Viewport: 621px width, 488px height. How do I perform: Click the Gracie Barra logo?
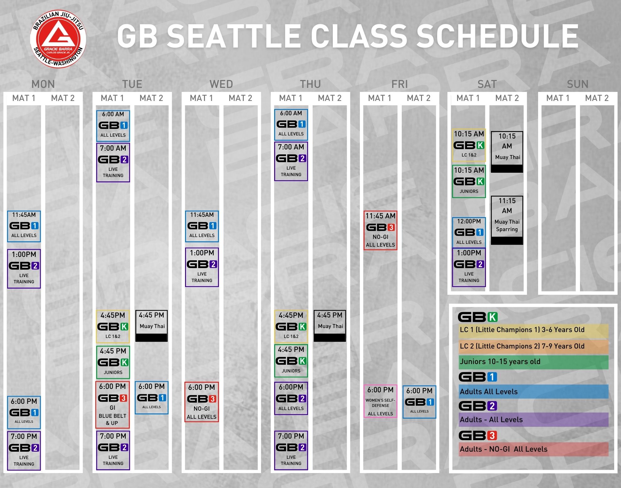click(x=58, y=39)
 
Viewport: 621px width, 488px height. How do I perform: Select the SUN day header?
click(x=578, y=84)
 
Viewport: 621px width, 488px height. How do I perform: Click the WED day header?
click(x=221, y=84)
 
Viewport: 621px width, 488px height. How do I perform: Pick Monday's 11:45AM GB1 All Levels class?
click(x=24, y=226)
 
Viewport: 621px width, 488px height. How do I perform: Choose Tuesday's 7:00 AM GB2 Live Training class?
click(x=113, y=162)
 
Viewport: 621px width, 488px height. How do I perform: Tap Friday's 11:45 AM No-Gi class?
click(x=380, y=230)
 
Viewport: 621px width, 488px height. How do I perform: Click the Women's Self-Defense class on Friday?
click(x=380, y=401)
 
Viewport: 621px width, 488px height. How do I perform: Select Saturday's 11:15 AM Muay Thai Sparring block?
click(x=507, y=220)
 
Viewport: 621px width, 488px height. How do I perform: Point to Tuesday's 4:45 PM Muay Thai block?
click(x=152, y=326)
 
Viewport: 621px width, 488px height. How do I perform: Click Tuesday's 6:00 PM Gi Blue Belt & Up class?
click(x=112, y=405)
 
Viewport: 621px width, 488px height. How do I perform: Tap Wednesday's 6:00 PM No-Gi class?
click(x=202, y=402)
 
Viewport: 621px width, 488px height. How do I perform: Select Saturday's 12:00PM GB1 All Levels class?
click(x=469, y=232)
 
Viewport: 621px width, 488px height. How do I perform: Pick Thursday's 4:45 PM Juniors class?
click(x=291, y=361)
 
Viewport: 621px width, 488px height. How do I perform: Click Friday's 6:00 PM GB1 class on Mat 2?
click(x=419, y=402)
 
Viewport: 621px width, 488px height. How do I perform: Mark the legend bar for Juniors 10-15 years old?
click(x=533, y=362)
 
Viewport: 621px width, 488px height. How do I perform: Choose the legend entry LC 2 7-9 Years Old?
click(x=533, y=346)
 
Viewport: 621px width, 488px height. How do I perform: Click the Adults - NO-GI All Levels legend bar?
click(x=533, y=449)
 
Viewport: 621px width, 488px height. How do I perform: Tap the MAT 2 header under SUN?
click(x=597, y=98)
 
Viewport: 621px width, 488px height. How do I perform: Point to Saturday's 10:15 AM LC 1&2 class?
click(x=469, y=145)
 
